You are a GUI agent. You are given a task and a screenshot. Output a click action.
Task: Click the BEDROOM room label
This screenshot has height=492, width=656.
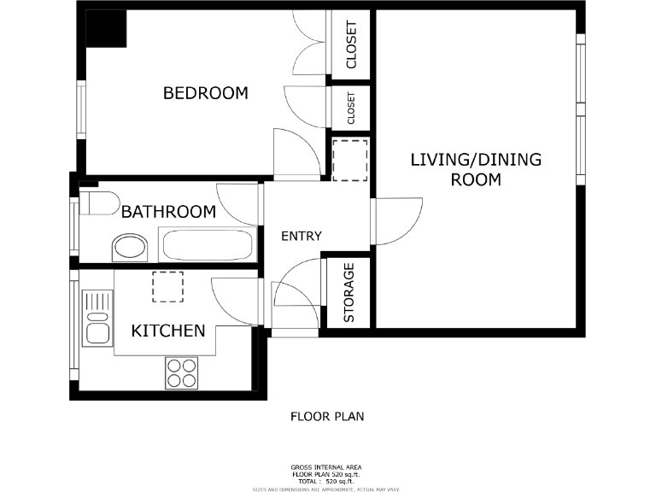[205, 93]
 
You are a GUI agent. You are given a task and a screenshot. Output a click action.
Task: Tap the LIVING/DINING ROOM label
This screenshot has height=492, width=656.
[476, 169]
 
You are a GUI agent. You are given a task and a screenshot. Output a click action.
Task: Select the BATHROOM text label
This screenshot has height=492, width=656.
[168, 212]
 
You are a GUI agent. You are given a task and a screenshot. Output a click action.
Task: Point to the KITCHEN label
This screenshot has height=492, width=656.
[167, 331]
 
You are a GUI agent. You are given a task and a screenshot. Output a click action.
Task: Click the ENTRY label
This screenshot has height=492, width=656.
[302, 236]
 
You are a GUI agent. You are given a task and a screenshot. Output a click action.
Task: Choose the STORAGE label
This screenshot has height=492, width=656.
[348, 293]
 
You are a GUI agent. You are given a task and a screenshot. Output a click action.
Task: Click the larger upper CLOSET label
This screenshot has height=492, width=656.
[350, 44]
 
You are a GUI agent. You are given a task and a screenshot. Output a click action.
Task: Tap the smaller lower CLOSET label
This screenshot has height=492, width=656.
[350, 108]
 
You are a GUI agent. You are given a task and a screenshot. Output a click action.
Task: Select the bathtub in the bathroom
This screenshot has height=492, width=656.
[208, 245]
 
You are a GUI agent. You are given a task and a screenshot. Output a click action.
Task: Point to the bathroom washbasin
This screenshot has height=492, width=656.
[130, 249]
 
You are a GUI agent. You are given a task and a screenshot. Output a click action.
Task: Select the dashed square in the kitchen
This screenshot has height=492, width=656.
[167, 286]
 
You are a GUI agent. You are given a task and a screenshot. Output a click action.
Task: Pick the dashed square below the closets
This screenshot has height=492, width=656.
[348, 159]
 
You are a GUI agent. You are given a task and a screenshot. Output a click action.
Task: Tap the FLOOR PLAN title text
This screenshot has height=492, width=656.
[326, 417]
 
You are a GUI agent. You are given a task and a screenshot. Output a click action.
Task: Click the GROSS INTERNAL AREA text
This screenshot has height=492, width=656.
[326, 467]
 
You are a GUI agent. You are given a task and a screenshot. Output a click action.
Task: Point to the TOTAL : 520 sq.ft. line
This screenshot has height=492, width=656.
[326, 481]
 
